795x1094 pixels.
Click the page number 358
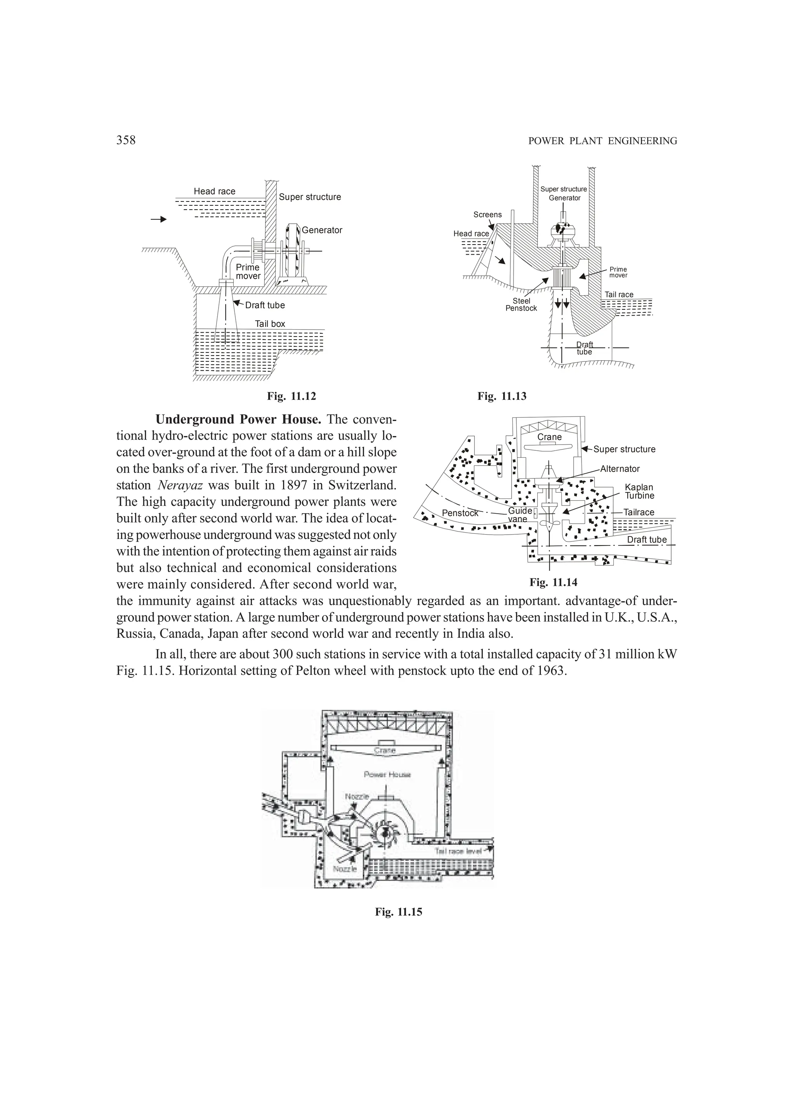(x=126, y=141)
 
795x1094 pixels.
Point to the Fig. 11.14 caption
(x=553, y=582)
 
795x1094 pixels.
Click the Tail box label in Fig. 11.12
(x=270, y=324)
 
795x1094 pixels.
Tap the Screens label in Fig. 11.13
(x=487, y=215)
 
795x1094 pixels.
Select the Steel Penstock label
(x=521, y=304)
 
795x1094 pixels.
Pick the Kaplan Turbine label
(x=639, y=491)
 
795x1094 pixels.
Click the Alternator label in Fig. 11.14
(x=620, y=469)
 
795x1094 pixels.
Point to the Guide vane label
(x=519, y=515)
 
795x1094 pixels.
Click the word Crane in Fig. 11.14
(x=549, y=437)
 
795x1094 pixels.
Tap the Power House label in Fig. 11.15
(x=387, y=774)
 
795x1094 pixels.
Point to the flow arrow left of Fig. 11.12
(x=159, y=219)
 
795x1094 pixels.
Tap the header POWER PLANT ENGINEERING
(x=602, y=141)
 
